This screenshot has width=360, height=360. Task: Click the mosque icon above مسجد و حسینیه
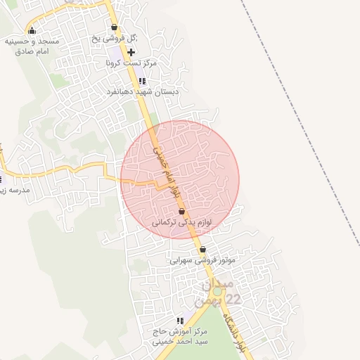(x=32, y=30)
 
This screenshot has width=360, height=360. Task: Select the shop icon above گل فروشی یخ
(x=114, y=27)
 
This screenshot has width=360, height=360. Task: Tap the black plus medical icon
(x=131, y=52)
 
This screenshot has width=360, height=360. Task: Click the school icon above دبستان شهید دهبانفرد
(x=143, y=82)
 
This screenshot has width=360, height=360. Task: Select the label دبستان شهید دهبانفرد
(x=143, y=92)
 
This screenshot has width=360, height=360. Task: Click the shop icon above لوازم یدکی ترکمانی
(x=182, y=211)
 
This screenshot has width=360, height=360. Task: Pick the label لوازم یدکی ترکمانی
(x=182, y=222)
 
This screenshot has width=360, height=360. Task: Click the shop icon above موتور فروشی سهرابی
(x=202, y=250)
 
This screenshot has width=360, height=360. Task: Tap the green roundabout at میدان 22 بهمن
(x=217, y=291)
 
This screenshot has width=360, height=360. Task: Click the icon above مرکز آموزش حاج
(x=180, y=321)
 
